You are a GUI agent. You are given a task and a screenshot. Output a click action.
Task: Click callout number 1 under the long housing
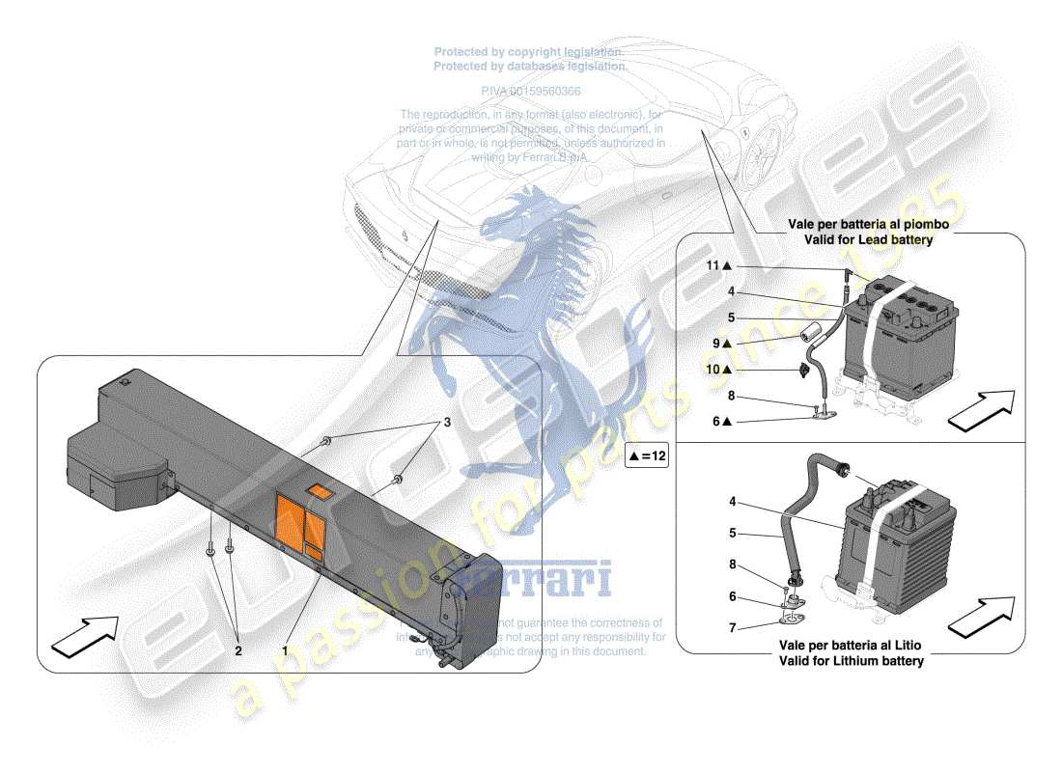(x=285, y=650)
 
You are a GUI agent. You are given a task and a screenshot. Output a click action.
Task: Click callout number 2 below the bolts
(x=238, y=650)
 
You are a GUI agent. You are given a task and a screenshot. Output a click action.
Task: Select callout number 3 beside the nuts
(x=446, y=423)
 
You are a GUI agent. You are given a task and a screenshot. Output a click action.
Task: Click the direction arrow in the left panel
(x=83, y=635)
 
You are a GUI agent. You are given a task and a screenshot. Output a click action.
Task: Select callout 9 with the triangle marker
(x=723, y=343)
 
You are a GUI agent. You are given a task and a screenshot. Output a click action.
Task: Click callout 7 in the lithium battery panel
(x=732, y=629)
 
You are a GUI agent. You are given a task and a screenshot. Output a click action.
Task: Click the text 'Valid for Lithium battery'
(x=852, y=661)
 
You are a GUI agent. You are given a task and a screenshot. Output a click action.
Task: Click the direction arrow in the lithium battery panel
(x=982, y=615)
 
